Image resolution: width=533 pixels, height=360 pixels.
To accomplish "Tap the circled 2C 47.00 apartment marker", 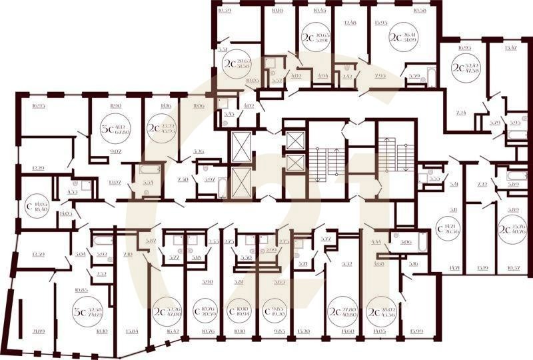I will (x=166, y=312).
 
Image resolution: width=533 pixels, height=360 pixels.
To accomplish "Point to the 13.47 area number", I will (x=511, y=48).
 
